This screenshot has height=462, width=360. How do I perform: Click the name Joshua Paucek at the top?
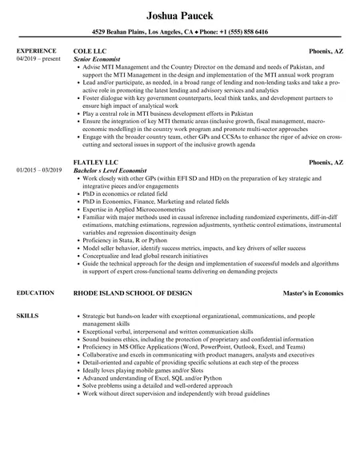pos(180,16)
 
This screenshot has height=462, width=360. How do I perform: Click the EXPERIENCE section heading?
pos(37,50)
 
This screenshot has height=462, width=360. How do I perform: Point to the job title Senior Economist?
pos(97,58)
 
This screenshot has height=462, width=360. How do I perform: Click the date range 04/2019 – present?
pos(38,58)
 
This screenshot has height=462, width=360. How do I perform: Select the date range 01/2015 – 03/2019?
pos(41,170)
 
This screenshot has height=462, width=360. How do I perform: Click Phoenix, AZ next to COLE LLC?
pos(326,50)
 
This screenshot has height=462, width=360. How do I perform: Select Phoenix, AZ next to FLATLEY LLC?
pos(326,162)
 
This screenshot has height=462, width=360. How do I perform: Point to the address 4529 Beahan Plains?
pos(122,33)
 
